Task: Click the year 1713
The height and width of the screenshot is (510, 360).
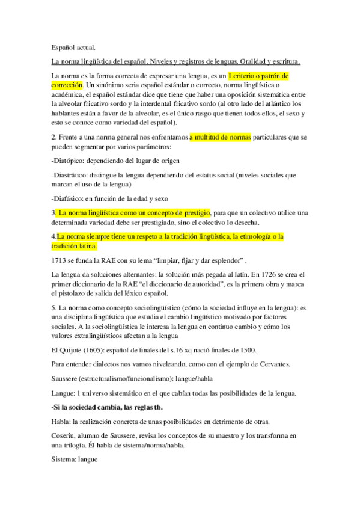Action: [60, 262]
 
